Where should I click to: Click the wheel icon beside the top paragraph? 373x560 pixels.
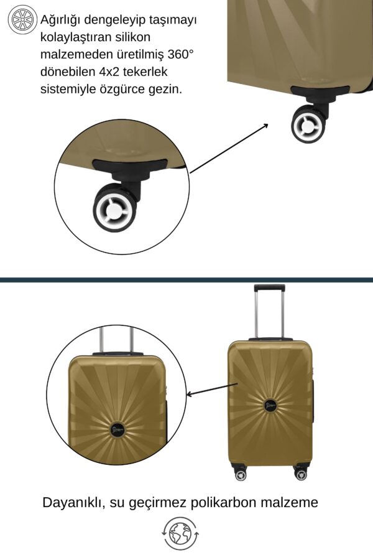tap(23, 20)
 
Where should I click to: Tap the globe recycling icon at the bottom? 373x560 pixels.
tap(180, 534)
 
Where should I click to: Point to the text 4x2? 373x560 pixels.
tap(109, 72)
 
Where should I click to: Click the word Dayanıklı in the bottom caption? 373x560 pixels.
tap(74, 503)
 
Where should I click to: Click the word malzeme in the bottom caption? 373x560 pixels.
tap(289, 503)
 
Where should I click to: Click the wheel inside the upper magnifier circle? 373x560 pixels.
tap(114, 208)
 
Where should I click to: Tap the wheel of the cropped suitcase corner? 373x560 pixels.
tap(308, 124)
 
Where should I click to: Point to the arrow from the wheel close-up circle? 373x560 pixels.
tap(229, 148)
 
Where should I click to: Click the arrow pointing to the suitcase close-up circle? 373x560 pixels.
tap(213, 390)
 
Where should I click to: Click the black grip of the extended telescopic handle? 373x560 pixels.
tap(269, 288)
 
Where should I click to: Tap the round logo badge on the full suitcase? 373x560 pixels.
tap(271, 405)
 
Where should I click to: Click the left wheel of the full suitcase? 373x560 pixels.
tap(241, 475)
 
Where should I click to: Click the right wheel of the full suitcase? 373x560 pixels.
tap(301, 474)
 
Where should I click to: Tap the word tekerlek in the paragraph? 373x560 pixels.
tap(145, 72)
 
